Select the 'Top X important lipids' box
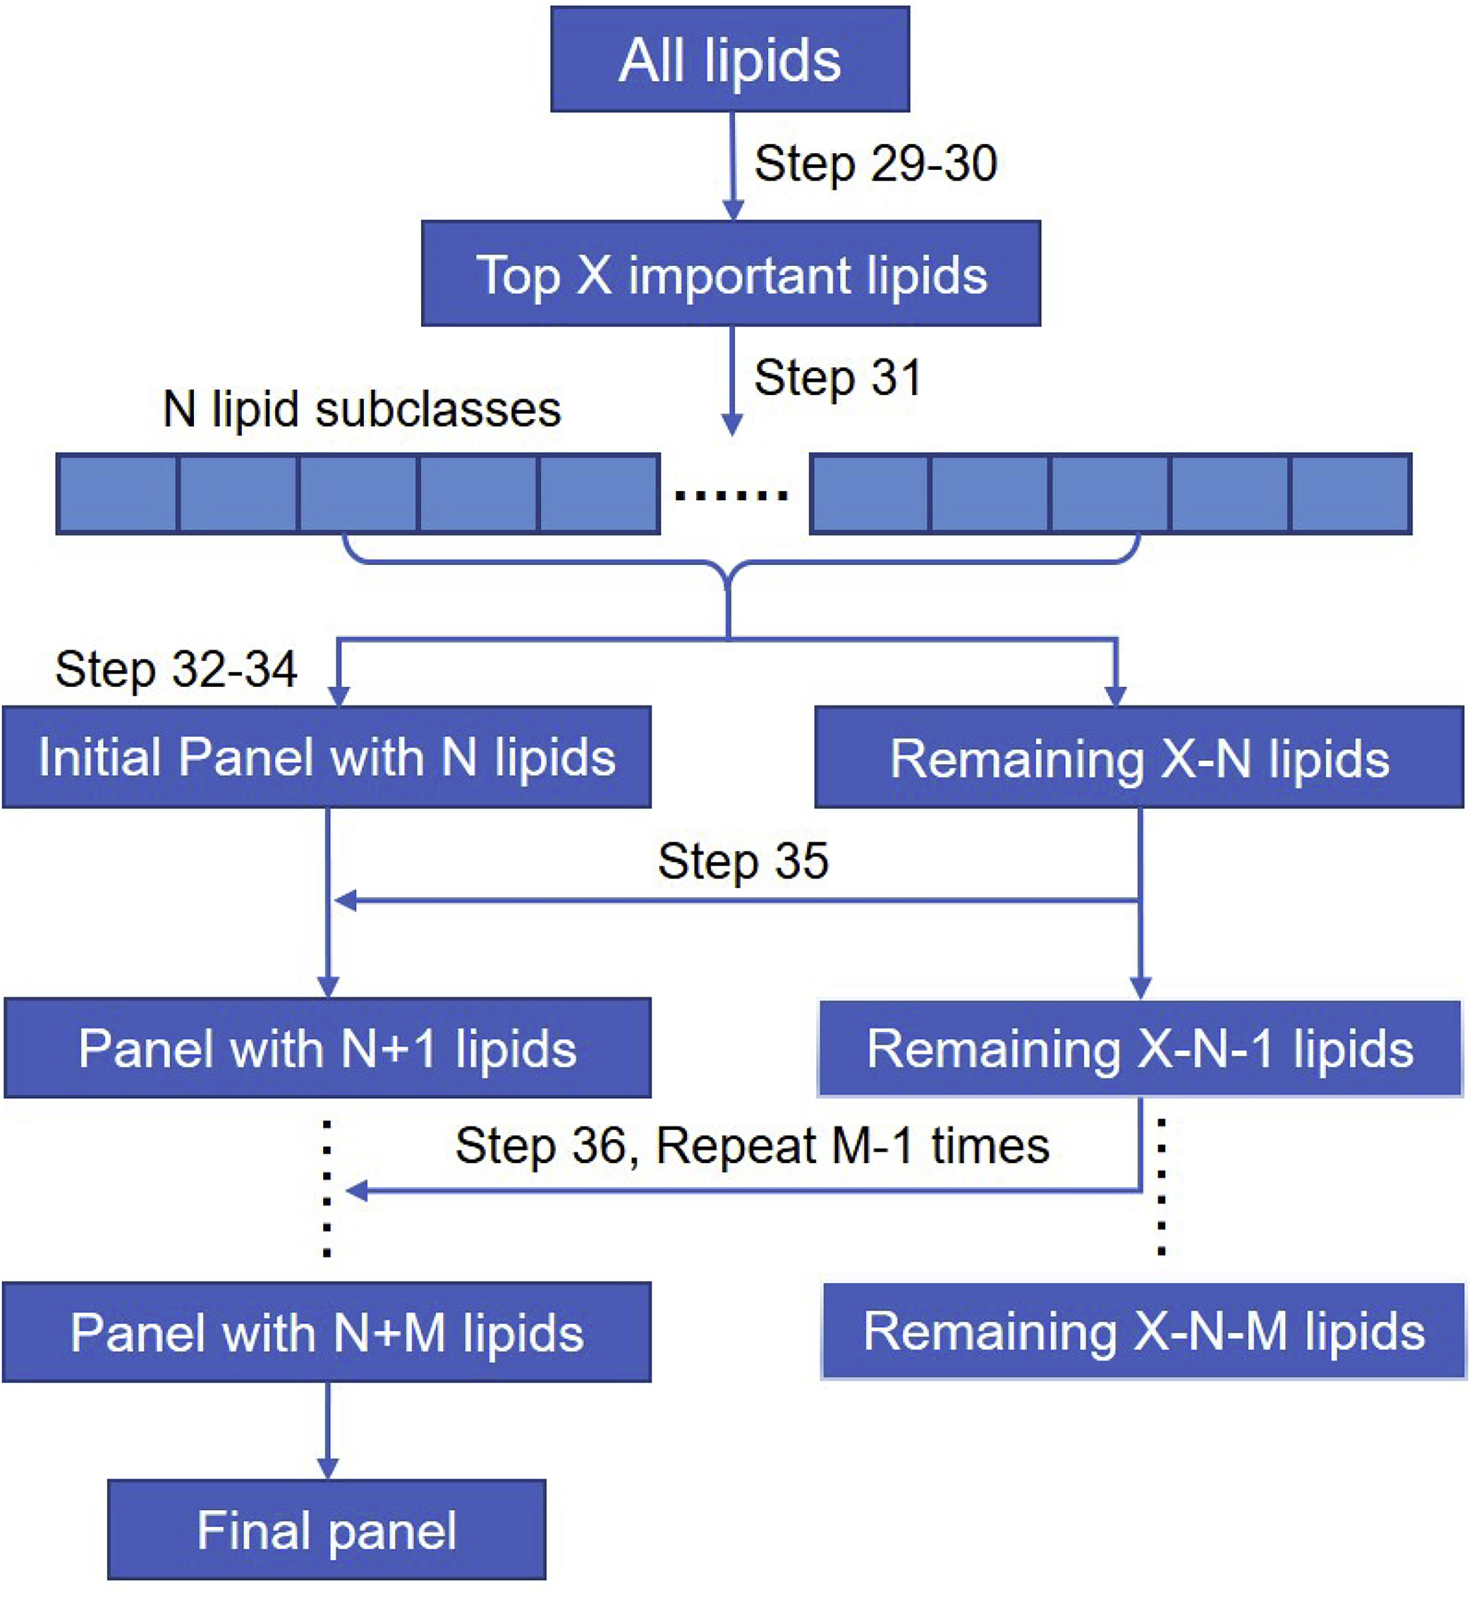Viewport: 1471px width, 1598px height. pyautogui.click(x=730, y=274)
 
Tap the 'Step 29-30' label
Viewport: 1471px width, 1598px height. pyautogui.click(x=875, y=164)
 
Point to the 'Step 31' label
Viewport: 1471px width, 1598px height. pyautogui.click(x=837, y=377)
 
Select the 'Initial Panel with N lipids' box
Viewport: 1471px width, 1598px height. pyautogui.click(x=326, y=757)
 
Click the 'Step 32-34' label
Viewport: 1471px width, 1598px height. pyautogui.click(x=176, y=669)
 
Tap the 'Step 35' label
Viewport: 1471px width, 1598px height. pyautogui.click(x=743, y=861)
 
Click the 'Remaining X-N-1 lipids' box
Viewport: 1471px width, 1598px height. pyautogui.click(x=1139, y=1049)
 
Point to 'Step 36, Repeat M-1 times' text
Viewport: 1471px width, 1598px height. pyautogui.click(x=751, y=1146)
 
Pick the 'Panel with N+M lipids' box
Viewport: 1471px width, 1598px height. pyautogui.click(x=326, y=1333)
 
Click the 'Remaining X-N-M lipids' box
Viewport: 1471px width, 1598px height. pyautogui.click(x=1143, y=1332)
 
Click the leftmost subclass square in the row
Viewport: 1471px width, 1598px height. pyautogui.click(x=117, y=494)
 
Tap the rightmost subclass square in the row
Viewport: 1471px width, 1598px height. pyautogui.click(x=1350, y=494)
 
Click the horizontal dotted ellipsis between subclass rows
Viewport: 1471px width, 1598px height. pyautogui.click(x=731, y=496)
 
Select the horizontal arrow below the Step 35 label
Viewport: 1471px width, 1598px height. pyautogui.click(x=736, y=901)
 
